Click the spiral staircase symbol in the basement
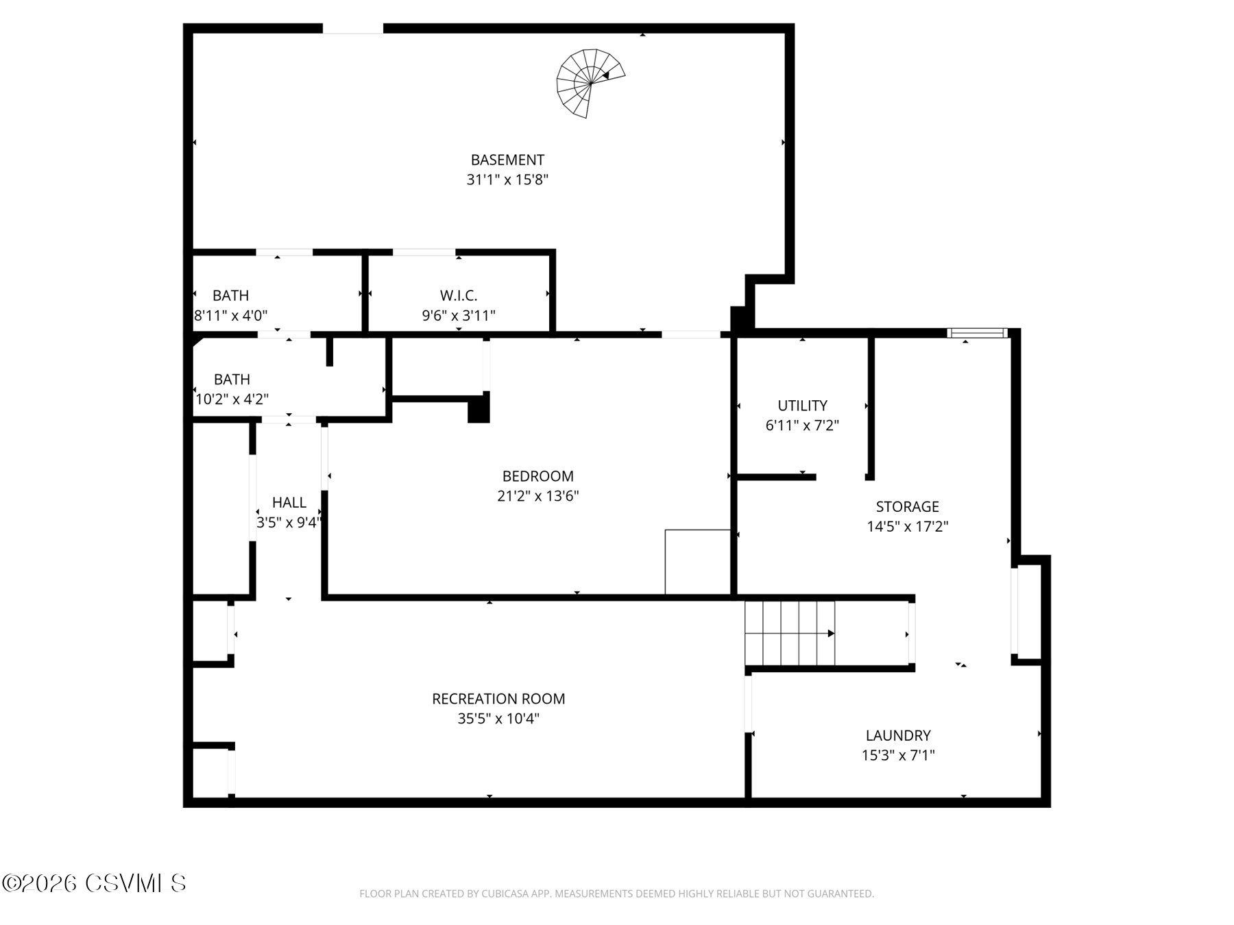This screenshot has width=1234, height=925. [x=588, y=83]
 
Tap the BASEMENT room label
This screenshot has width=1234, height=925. [x=507, y=160]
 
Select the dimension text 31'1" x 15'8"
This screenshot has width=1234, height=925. [x=507, y=180]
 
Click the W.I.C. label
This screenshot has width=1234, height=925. [x=459, y=295]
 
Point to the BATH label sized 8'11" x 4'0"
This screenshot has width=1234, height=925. [x=230, y=295]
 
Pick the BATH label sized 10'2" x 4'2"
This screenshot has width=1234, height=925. [x=232, y=379]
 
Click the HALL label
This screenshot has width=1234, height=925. [x=289, y=502]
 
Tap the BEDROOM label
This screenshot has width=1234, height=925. [x=537, y=476]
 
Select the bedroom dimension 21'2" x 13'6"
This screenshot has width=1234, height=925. [x=537, y=496]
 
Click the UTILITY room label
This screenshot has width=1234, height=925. [x=802, y=405]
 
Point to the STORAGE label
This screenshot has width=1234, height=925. [x=907, y=506]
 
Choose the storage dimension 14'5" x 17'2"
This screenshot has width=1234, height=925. [x=907, y=526]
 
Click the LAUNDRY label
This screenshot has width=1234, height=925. [x=898, y=735]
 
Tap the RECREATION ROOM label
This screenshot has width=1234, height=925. [x=498, y=699]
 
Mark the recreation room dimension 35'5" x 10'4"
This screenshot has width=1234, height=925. [x=498, y=719]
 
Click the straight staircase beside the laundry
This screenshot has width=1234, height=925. [x=790, y=633]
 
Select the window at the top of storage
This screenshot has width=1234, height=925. [x=977, y=333]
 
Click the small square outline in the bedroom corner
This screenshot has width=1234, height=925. [x=697, y=561]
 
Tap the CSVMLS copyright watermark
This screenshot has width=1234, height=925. [x=94, y=883]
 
